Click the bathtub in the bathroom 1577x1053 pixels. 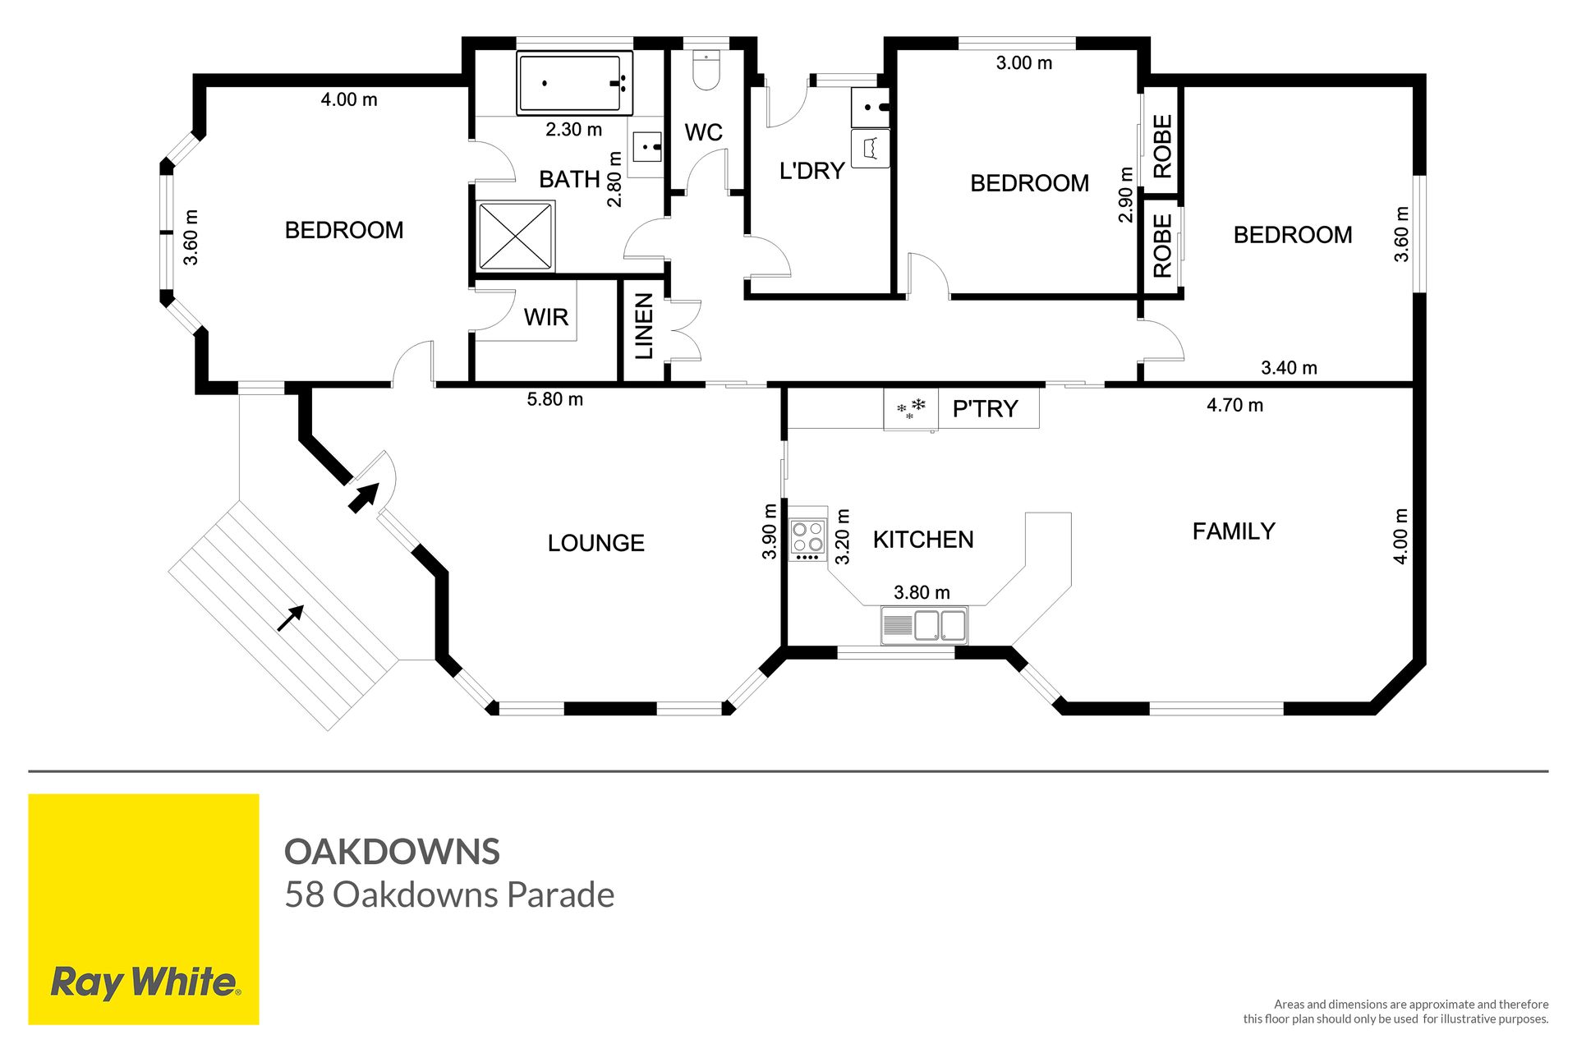(x=574, y=83)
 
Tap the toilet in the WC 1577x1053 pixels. (x=706, y=71)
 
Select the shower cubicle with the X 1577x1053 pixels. (x=516, y=236)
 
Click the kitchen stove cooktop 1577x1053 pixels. (x=807, y=539)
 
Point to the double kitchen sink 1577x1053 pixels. (x=924, y=626)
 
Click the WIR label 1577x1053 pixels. (x=546, y=317)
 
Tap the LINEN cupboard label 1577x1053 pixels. (x=645, y=327)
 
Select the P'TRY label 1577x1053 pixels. (x=985, y=409)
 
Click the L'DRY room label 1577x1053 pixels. (x=811, y=171)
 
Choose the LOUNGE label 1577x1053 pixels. (x=596, y=543)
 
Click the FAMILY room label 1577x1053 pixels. (x=1234, y=531)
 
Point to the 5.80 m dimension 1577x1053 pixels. (x=554, y=399)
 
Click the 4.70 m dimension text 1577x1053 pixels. (x=1234, y=405)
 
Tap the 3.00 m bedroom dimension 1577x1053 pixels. (x=1024, y=63)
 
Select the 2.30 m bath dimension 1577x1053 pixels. (x=574, y=130)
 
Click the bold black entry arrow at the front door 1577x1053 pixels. (x=363, y=497)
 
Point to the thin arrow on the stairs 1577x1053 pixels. (x=291, y=618)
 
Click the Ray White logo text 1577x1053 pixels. (x=145, y=982)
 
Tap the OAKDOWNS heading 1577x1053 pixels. (x=392, y=852)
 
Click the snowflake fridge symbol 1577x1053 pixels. (x=911, y=408)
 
